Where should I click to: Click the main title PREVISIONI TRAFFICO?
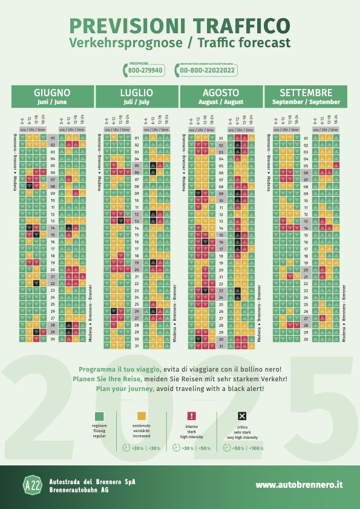tap(180, 25)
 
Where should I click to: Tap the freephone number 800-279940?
tap(146, 71)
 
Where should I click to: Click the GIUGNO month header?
tap(52, 93)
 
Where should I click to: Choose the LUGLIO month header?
tap(137, 93)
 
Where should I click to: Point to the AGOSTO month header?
tap(221, 93)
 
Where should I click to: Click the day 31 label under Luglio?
tap(137, 346)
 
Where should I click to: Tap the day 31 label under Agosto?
tap(221, 346)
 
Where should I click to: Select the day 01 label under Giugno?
tap(53, 138)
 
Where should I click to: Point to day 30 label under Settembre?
tap(306, 340)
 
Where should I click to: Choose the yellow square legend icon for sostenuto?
tap(143, 416)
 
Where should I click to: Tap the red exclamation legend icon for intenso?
tap(191, 416)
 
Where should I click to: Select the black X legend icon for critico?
tap(242, 416)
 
